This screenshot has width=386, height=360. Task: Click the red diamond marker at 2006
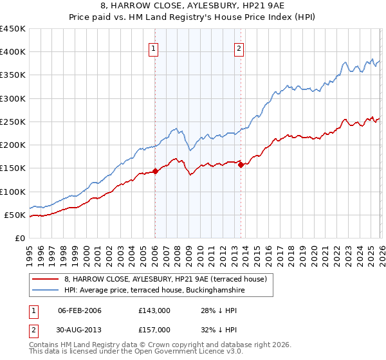(155, 172)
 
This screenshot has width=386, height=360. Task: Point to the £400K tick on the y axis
(13, 52)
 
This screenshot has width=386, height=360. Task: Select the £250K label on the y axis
(13, 122)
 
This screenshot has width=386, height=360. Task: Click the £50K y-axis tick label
(15, 215)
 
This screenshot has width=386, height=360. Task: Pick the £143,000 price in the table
(154, 310)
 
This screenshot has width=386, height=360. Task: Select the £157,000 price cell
(154, 329)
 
